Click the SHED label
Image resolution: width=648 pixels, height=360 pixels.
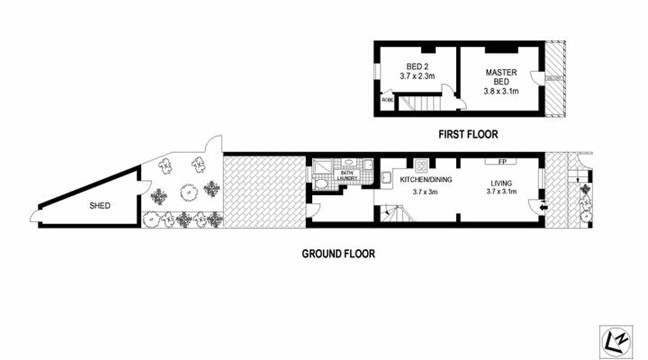click(99, 206)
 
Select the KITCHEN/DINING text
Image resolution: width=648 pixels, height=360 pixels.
click(425, 180)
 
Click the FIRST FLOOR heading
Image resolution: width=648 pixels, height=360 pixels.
click(468, 134)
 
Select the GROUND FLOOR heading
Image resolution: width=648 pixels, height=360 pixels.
click(337, 254)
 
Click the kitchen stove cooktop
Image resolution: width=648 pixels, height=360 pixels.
click(419, 164)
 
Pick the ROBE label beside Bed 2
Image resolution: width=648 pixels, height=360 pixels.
click(388, 100)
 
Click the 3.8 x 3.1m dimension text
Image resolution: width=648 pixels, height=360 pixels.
click(501, 91)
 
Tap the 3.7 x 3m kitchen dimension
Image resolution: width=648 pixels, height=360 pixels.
click(425, 191)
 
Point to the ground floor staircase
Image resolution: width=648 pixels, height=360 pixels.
click(393, 216)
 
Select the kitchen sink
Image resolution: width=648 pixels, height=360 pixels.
click(386, 173)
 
